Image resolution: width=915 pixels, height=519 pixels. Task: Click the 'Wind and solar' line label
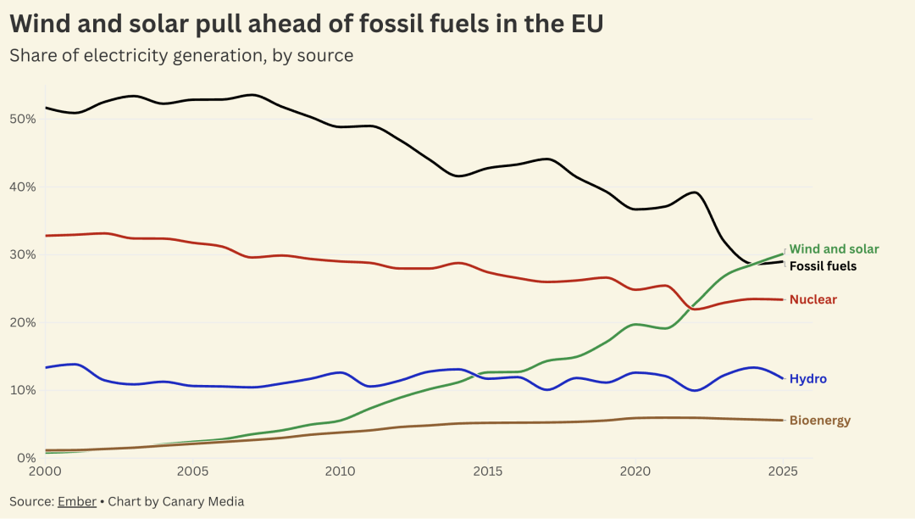pyautogui.click(x=834, y=249)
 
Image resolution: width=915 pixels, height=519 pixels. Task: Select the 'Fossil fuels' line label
pyautogui.click(x=823, y=266)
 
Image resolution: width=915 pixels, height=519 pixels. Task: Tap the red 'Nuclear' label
pyautogui.click(x=812, y=299)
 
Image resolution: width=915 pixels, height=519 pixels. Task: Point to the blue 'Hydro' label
pyautogui.click(x=807, y=379)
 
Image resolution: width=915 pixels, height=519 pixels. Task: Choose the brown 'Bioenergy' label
pyautogui.click(x=819, y=421)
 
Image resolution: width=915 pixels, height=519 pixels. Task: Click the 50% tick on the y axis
pyautogui.click(x=23, y=119)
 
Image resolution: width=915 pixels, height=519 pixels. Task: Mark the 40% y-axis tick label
pyautogui.click(x=23, y=187)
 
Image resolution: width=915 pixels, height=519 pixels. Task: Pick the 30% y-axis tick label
pyautogui.click(x=23, y=254)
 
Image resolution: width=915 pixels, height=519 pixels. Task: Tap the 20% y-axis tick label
pyautogui.click(x=23, y=322)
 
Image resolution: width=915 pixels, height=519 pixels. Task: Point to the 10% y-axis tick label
pyautogui.click(x=23, y=390)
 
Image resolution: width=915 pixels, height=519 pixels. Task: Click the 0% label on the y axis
pyautogui.click(x=25, y=458)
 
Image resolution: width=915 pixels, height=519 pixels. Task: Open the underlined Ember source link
pyautogui.click(x=77, y=501)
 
